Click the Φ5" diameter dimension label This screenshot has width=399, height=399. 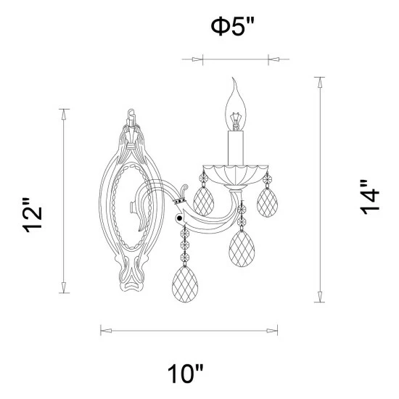[232, 27]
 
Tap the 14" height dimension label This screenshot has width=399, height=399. [369, 197]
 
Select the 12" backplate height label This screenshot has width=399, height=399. [33, 215]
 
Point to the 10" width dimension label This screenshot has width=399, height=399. [185, 374]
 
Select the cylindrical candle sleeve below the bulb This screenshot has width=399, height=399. [236, 148]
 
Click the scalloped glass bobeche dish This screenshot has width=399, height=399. [236, 175]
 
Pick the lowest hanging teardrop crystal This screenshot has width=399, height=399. [185, 284]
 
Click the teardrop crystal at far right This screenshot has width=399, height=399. [267, 202]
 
